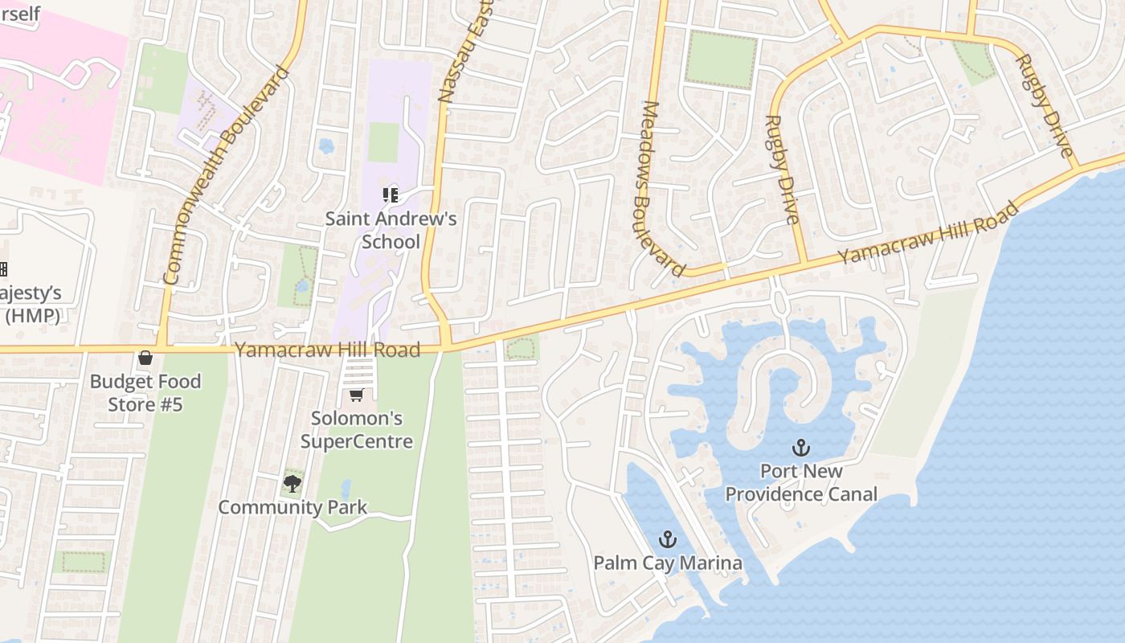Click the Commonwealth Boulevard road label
coord(226,175)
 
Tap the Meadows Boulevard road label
coord(663,189)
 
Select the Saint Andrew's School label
coord(391,230)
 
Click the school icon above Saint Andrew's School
coord(391,195)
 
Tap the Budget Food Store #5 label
coord(145,392)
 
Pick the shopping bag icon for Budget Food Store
coord(145,358)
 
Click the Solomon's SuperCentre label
coord(357,429)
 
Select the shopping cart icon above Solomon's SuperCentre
coord(357,395)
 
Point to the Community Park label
coord(292,507)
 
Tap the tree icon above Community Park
coord(292,483)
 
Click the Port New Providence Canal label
coord(801,482)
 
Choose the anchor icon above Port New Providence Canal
coord(801,448)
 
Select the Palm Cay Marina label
coord(668,563)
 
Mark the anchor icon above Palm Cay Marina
coord(668,539)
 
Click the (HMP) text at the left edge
coord(32,315)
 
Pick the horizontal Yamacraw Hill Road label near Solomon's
coord(327,350)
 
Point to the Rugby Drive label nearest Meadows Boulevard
coord(781,170)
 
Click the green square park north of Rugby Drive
coord(722,59)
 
